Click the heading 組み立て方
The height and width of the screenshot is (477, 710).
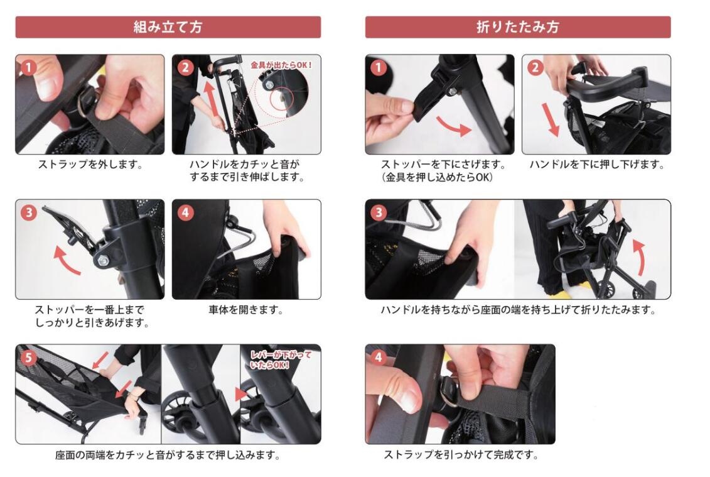pos(168,27)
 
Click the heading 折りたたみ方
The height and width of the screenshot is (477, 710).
pos(517,27)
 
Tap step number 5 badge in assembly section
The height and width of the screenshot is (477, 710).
pos(28,358)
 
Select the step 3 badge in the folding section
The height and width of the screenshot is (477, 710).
pos(379,212)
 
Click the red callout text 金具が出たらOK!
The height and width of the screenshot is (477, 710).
pos(281,65)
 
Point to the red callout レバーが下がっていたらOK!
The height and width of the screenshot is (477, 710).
pos(281,359)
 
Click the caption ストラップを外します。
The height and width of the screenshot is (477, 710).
pos(90,165)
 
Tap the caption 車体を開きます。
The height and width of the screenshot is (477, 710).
pos(246,310)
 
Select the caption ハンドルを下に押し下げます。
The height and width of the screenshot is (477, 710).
pos(597,165)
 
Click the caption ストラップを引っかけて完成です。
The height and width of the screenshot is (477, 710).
pos(461,454)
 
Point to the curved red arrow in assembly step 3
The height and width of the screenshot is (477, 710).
pos(66,261)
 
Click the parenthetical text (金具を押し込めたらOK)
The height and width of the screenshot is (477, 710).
pos(437,177)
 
